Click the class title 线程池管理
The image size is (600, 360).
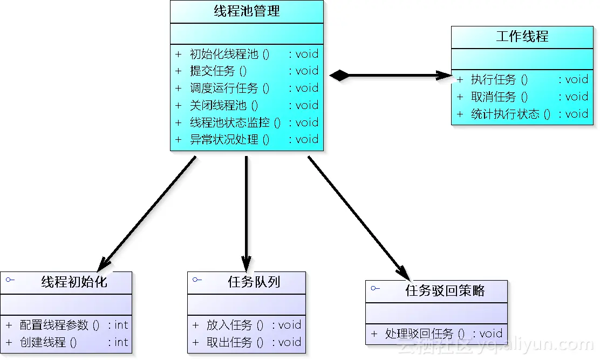coord(247,11)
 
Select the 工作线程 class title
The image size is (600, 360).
coord(522,37)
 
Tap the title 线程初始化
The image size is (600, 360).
coord(74,282)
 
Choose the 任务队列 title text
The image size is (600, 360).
coord(254,282)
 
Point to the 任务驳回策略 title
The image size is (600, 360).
coord(445,291)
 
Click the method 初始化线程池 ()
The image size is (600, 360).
coord(229,54)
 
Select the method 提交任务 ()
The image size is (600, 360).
coord(218,71)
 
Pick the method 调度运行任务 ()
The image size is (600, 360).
coord(229,88)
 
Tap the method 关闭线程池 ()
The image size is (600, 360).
coord(224,105)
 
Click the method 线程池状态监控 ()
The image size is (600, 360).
coord(235,123)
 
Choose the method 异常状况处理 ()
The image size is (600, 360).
coord(229,139)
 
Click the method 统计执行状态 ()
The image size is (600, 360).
coord(510,114)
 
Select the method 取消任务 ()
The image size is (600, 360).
coord(499,97)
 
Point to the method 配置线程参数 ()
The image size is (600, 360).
coord(59,325)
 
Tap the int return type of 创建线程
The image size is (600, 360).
coord(121,342)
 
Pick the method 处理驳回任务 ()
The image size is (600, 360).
coord(425,334)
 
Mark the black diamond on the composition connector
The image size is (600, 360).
coord(340,76)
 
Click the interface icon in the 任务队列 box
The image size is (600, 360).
coord(197,280)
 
